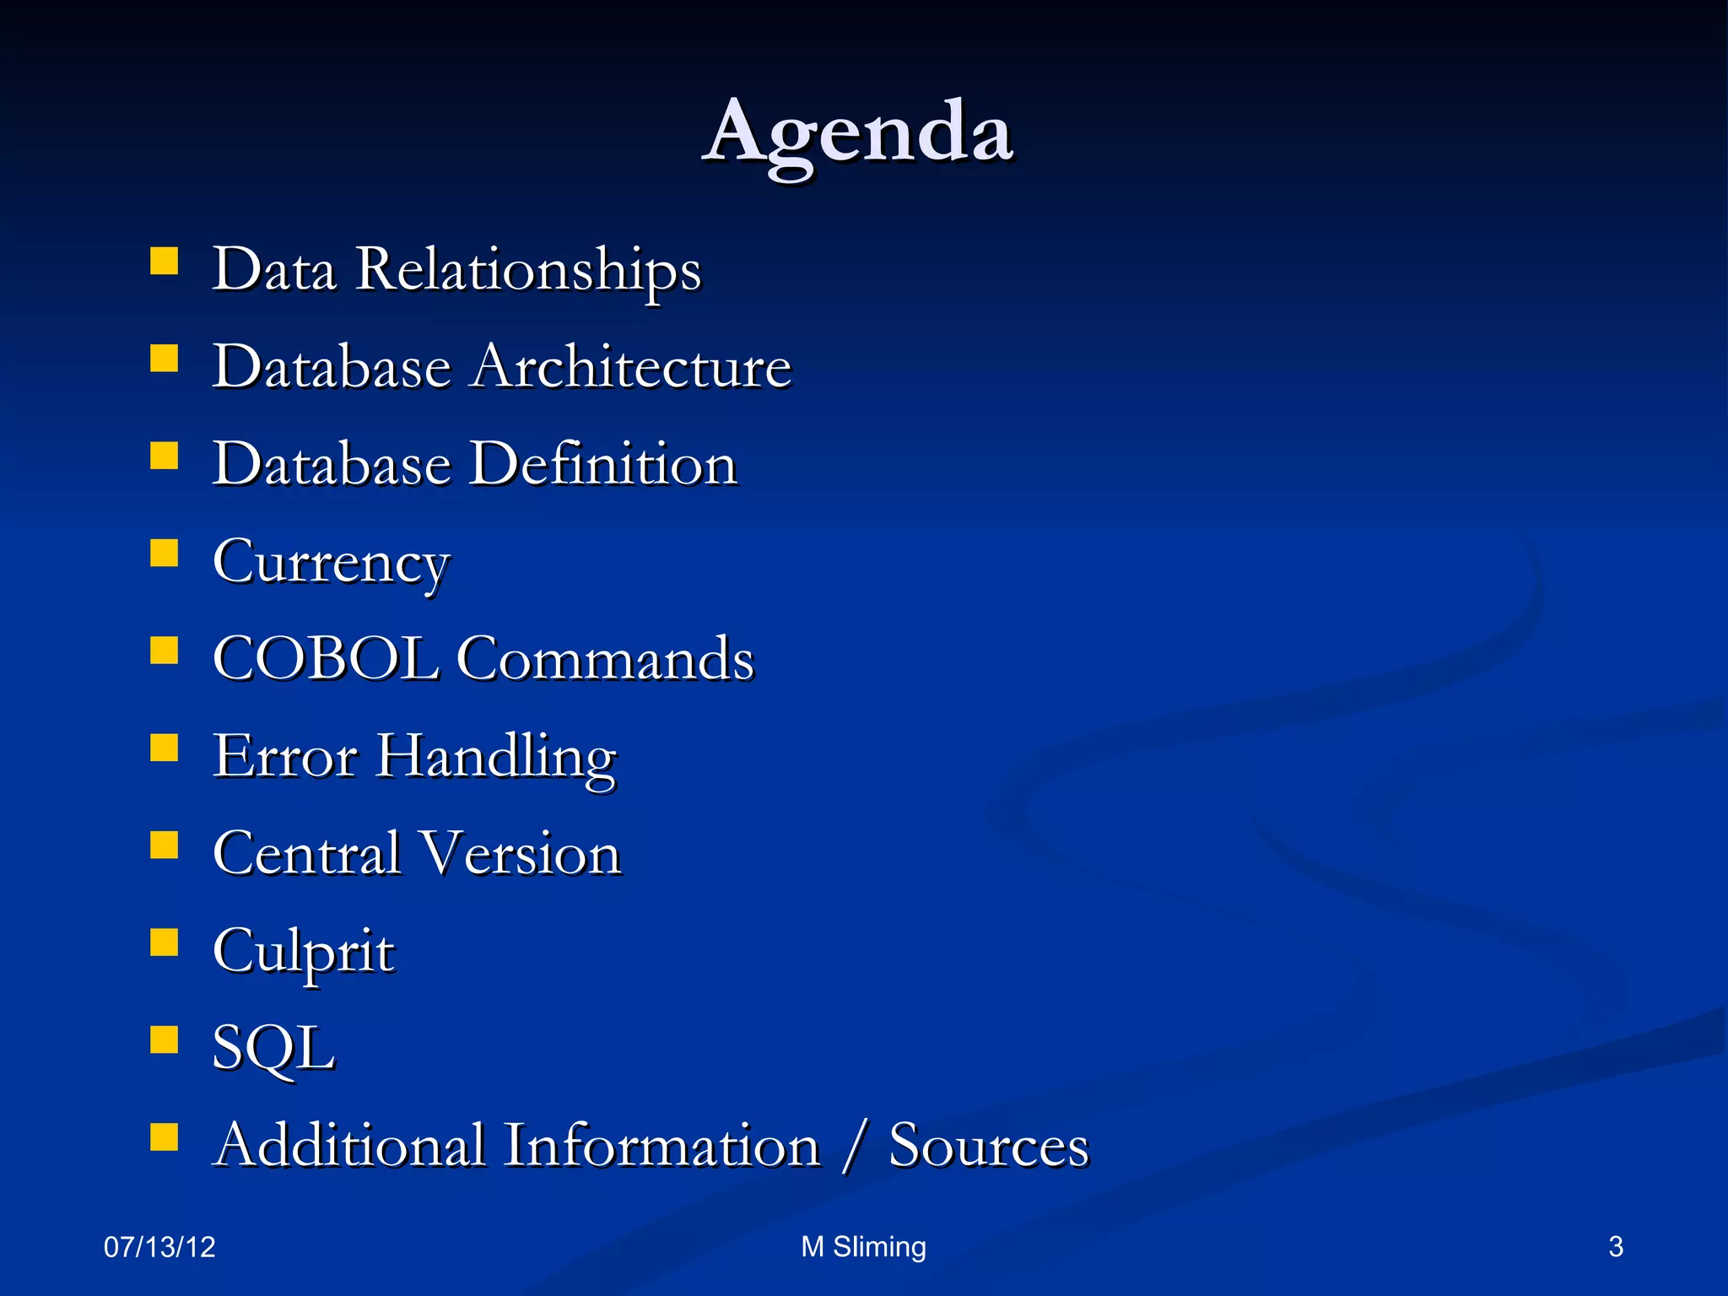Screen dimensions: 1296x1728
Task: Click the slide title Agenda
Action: pyautogui.click(x=857, y=133)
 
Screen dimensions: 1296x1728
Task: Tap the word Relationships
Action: pyautogui.click(x=528, y=270)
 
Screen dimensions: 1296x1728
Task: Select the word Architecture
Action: pyautogui.click(x=631, y=367)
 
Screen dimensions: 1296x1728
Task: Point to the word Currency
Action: pyautogui.click(x=331, y=563)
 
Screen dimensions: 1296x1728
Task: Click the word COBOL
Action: pyautogui.click(x=326, y=659)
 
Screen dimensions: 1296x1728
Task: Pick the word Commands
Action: pyautogui.click(x=605, y=659)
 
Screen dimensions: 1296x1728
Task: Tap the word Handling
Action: pyautogui.click(x=496, y=757)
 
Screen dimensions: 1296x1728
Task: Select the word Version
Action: pyautogui.click(x=521, y=854)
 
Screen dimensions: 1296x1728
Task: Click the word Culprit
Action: pyautogui.click(x=303, y=952)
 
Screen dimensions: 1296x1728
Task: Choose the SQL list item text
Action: pyautogui.click(x=273, y=1049)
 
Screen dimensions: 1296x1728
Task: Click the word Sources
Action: pyautogui.click(x=989, y=1146)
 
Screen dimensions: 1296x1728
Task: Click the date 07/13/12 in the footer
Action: pyautogui.click(x=159, y=1247)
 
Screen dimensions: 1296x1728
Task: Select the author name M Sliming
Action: pyautogui.click(x=863, y=1247)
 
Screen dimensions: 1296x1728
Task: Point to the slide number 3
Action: pyautogui.click(x=1616, y=1247)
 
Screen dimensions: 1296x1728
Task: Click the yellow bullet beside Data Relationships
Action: pyautogui.click(x=164, y=262)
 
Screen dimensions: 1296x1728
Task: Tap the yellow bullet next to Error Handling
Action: pyautogui.click(x=164, y=748)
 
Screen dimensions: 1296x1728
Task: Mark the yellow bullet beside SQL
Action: pyautogui.click(x=164, y=1039)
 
